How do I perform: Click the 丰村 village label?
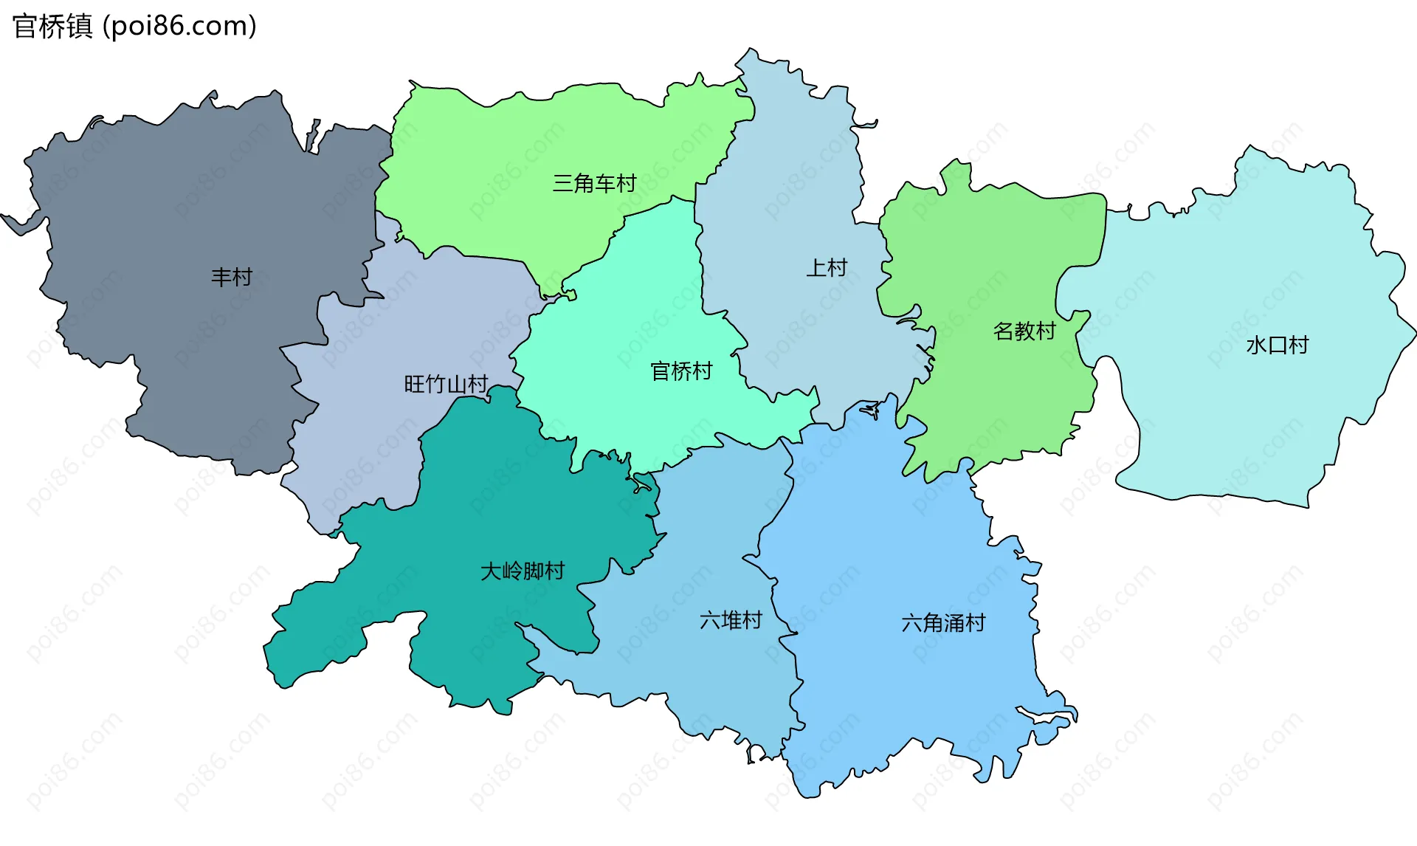pyautogui.click(x=232, y=278)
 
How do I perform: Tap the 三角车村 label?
pyautogui.click(x=594, y=183)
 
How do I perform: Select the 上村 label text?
pyautogui.click(x=827, y=268)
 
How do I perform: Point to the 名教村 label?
pyautogui.click(x=1024, y=331)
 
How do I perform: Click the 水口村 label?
pyautogui.click(x=1278, y=345)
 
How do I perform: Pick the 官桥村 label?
pyautogui.click(x=681, y=371)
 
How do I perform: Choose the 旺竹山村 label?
pyautogui.click(x=446, y=385)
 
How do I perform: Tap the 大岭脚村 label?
pyautogui.click(x=523, y=571)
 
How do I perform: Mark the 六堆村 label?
pyautogui.click(x=731, y=621)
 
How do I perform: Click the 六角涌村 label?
pyautogui.click(x=943, y=624)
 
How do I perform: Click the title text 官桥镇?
pyautogui.click(x=52, y=27)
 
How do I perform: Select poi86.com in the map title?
pyautogui.click(x=179, y=27)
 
